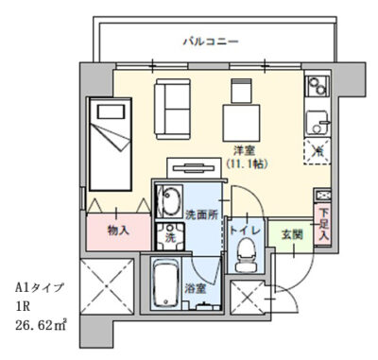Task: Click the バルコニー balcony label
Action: point(211,42)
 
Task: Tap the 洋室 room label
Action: point(244,150)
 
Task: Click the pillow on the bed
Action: point(111,111)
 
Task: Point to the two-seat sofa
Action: point(172,109)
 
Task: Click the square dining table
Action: point(242,123)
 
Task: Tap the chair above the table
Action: point(242,91)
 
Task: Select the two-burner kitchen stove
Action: point(318,86)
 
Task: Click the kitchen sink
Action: point(318,123)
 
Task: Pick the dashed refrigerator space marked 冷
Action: point(317,151)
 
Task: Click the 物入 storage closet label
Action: point(118,231)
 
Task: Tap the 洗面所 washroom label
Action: point(201,215)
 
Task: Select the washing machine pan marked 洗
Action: point(170,235)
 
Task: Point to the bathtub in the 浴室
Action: point(165,283)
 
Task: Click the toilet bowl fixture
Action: point(246,255)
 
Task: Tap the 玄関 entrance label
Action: point(292,234)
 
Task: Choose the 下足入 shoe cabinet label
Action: point(322,224)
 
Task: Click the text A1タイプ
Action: point(40,288)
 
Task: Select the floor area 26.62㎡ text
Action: point(41,325)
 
